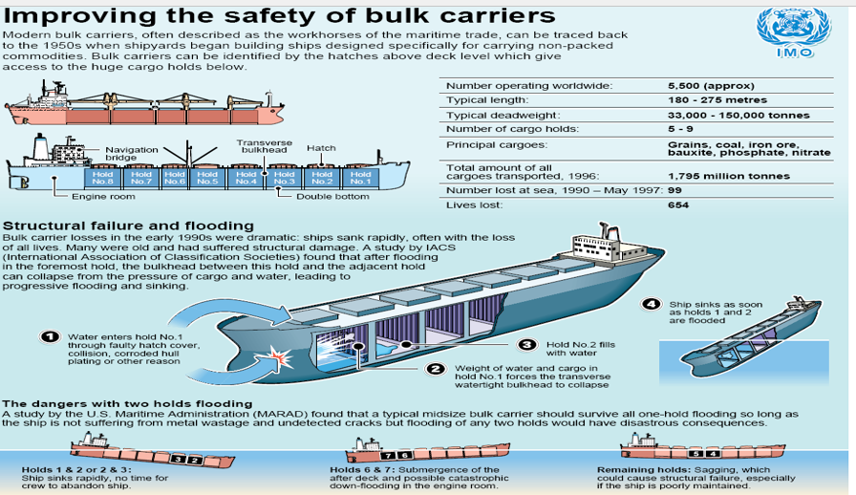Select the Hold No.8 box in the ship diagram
(102, 178)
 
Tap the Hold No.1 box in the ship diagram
(360, 178)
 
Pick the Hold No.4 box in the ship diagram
(246, 178)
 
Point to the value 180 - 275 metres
(717, 99)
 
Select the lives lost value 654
(679, 204)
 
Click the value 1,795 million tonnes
(729, 176)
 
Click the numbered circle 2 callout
(436, 369)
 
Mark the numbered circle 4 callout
(653, 305)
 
